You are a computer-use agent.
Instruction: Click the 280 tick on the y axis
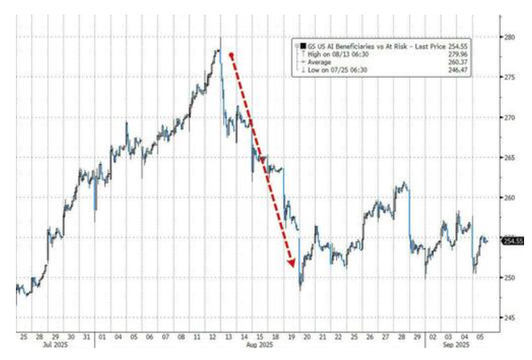[510, 37]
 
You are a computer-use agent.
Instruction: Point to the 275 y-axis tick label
[510, 77]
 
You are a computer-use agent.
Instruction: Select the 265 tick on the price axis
[510, 157]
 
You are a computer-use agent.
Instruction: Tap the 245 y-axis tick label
[510, 317]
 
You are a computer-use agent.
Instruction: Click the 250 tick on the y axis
[510, 277]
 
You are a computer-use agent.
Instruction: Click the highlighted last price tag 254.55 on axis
[512, 240]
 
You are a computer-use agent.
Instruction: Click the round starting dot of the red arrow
[231, 55]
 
